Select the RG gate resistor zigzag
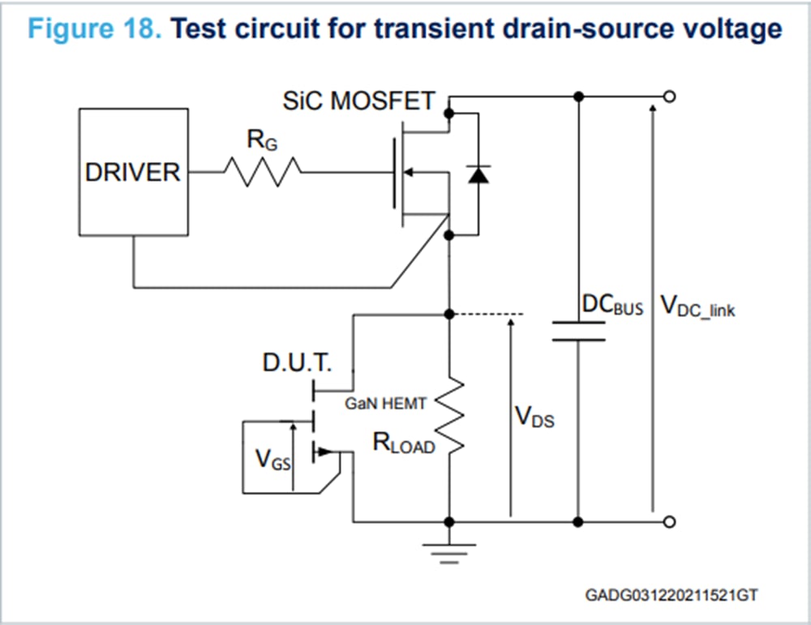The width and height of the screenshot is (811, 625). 262,172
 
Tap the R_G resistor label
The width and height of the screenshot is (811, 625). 261,141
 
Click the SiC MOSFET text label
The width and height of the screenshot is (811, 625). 358,101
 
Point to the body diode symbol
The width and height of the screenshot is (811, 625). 478,173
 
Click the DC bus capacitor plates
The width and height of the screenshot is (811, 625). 578,331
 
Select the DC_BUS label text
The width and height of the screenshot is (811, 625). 613,306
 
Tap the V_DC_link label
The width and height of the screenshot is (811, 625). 697,306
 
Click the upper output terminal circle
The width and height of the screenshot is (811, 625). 669,96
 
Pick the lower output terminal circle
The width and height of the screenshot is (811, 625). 669,522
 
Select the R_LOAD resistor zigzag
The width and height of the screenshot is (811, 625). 448,418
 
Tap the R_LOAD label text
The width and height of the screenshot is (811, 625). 403,443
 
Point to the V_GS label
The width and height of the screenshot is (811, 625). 272,460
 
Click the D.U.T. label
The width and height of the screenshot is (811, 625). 297,362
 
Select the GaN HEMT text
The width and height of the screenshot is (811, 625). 385,403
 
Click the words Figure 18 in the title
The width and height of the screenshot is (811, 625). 96,30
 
